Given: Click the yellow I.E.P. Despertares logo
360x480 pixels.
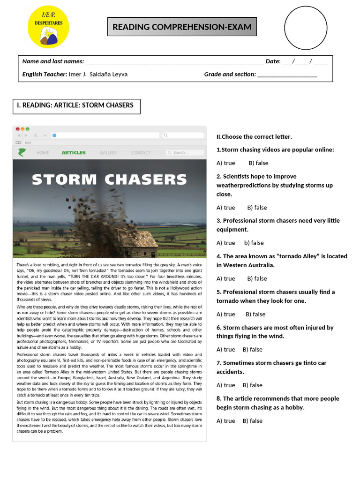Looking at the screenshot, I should (48, 27).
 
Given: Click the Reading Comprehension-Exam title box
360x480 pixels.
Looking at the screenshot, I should (182, 27).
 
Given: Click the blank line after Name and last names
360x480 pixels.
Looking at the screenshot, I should (174, 62).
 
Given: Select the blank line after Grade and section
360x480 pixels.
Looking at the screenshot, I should (287, 75).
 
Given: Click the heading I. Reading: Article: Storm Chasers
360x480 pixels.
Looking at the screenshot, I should (75, 105).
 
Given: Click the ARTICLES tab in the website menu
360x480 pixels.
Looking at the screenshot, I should (74, 152).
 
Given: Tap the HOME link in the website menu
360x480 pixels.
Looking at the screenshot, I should (43, 152).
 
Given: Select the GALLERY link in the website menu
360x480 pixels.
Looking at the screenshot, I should (108, 152).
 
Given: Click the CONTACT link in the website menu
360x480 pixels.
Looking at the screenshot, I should (141, 152).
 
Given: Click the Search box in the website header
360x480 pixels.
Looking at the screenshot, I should (185, 152).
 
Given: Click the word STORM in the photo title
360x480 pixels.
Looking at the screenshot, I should (64, 180).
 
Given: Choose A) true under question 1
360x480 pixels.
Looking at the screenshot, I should (226, 163).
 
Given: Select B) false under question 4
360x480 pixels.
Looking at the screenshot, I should (257, 278).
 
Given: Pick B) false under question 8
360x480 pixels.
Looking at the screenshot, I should (253, 421).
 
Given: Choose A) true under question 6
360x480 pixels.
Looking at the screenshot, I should (226, 350).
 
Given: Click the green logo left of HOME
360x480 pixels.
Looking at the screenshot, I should (22, 152).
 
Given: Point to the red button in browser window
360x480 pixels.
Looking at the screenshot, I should (18, 129).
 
